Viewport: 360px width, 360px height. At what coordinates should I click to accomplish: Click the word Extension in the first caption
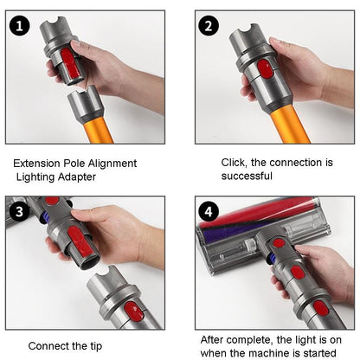[40, 163]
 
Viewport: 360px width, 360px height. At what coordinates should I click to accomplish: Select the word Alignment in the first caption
[112, 163]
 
